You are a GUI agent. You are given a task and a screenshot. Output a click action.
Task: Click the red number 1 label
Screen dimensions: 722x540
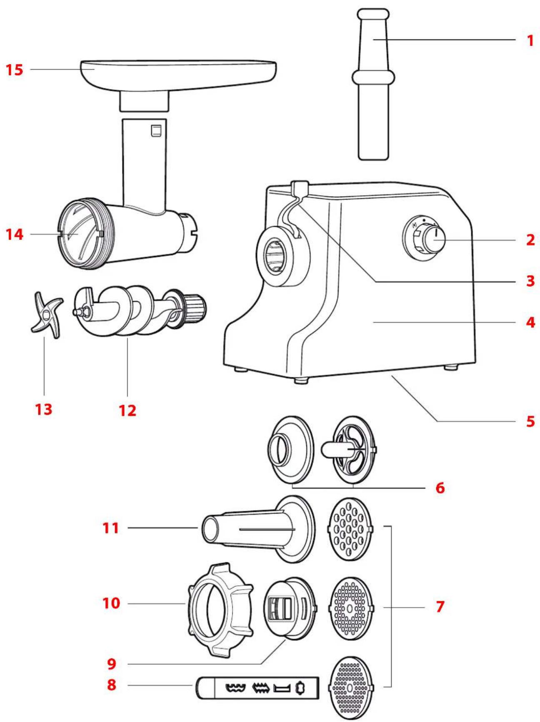pyautogui.click(x=530, y=41)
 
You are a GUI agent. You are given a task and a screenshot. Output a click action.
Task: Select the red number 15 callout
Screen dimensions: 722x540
pyautogui.click(x=15, y=70)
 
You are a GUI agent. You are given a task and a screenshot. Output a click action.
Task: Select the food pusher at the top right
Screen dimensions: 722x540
pyautogui.click(x=373, y=83)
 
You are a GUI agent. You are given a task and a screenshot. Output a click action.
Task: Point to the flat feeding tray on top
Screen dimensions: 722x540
pyautogui.click(x=179, y=73)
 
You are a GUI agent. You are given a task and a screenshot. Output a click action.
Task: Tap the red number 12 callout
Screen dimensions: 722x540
pyautogui.click(x=127, y=411)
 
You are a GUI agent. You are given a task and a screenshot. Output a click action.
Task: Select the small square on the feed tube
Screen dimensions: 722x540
pyautogui.click(x=156, y=131)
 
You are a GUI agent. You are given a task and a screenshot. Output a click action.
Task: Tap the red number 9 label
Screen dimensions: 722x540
pyautogui.click(x=111, y=664)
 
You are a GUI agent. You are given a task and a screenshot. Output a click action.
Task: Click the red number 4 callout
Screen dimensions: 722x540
pyautogui.click(x=530, y=322)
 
